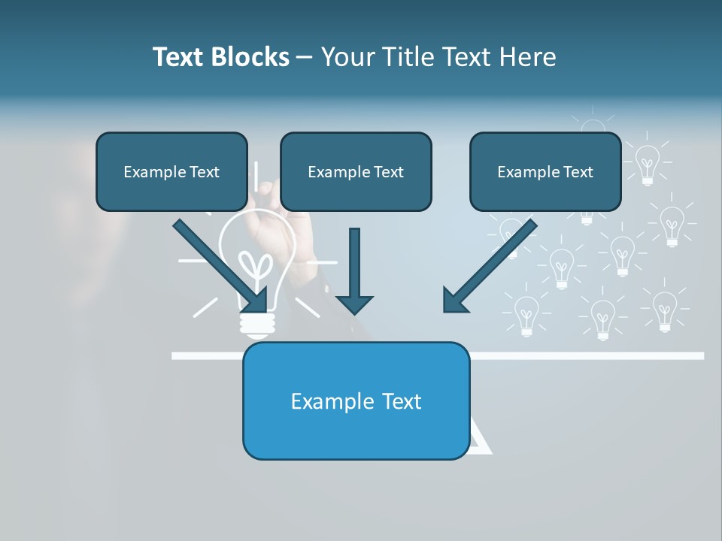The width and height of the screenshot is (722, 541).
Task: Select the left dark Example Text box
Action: (171, 171)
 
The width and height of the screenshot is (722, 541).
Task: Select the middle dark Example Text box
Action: (356, 171)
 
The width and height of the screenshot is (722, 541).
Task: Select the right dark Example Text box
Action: (545, 171)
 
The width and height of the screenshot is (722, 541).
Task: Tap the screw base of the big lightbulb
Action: (256, 324)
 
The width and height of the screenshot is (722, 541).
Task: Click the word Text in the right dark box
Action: (577, 172)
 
